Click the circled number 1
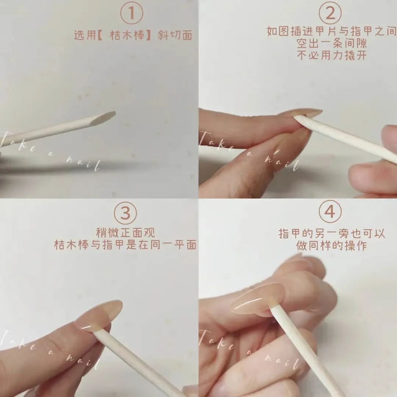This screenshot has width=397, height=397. click(131, 13)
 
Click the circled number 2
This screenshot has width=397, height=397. click(330, 13)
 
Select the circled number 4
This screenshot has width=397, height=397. click(330, 211)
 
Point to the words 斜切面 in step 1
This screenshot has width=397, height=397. click(175, 35)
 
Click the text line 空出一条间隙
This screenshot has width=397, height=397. click(332, 43)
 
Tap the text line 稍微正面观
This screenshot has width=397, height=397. click(126, 232)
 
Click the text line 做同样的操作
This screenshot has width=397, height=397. click(332, 246)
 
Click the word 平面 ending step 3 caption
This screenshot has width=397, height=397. click(185, 245)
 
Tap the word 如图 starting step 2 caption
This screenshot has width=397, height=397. click(278, 31)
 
